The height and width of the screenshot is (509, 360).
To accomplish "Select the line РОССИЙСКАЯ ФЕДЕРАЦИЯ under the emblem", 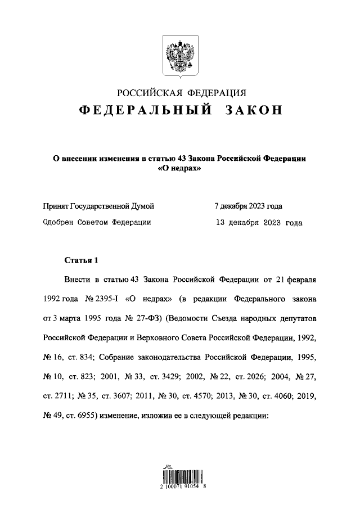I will coord(179,92).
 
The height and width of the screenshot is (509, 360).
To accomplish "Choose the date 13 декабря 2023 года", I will coord(259,222).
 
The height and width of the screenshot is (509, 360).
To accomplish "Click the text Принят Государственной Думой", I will coord(99,206).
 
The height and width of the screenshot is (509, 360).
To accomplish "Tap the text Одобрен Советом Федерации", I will coord(97,222).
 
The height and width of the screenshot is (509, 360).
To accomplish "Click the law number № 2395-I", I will coord(101,299).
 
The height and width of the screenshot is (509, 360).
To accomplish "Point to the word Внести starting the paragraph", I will coord(78,279).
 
